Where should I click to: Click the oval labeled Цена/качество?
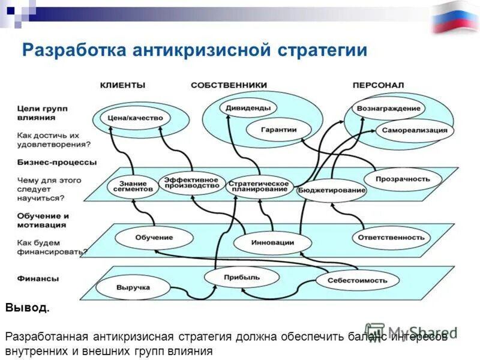point(135,118)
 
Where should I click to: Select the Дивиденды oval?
point(248,109)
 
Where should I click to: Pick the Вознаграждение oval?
point(388,109)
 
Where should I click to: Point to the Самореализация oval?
point(414,130)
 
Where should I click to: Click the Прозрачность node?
point(403,179)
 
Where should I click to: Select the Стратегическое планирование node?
point(259,186)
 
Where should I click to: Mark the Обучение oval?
point(154,238)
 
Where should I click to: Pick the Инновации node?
point(272,243)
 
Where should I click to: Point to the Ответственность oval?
point(391,238)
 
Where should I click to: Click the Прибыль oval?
point(242,277)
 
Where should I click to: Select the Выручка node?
point(133,288)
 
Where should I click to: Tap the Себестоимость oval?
point(358,280)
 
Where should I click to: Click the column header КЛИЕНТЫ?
point(122,85)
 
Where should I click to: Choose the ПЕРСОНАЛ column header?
point(378,85)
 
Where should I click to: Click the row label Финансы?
point(38,278)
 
